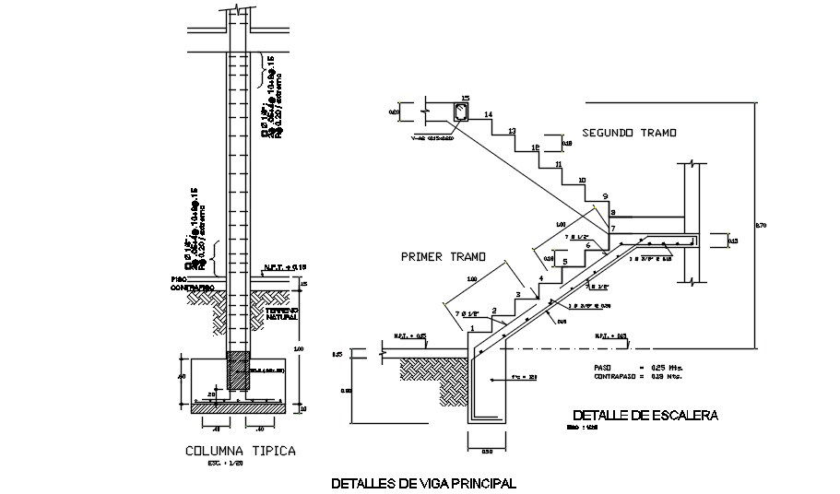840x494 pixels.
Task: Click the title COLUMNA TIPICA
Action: point(240,451)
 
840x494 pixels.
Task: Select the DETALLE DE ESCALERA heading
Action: point(645,416)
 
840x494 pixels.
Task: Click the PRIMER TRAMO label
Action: point(436,258)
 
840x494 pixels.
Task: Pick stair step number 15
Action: point(465,98)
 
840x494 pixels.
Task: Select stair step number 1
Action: point(472,327)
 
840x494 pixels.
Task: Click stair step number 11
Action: point(559,164)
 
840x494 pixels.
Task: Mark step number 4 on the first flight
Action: point(541,277)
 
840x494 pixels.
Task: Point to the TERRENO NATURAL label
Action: point(282,314)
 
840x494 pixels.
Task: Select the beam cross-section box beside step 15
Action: point(460,113)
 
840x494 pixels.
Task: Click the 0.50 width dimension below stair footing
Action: point(487,451)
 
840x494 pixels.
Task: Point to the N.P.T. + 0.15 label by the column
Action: point(278,268)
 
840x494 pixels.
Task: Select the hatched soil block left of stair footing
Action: point(433,368)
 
